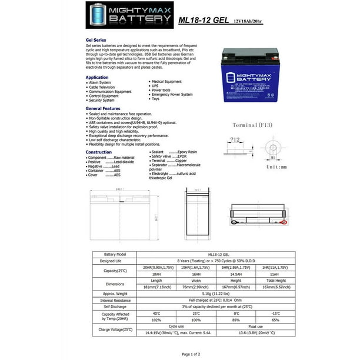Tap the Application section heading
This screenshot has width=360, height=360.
pyautogui.click(x=97, y=77)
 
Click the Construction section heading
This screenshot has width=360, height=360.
pyautogui.click(x=99, y=152)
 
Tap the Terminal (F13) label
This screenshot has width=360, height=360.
pyautogui.click(x=254, y=125)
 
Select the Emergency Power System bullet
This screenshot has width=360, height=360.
pyautogui.click(x=171, y=95)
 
